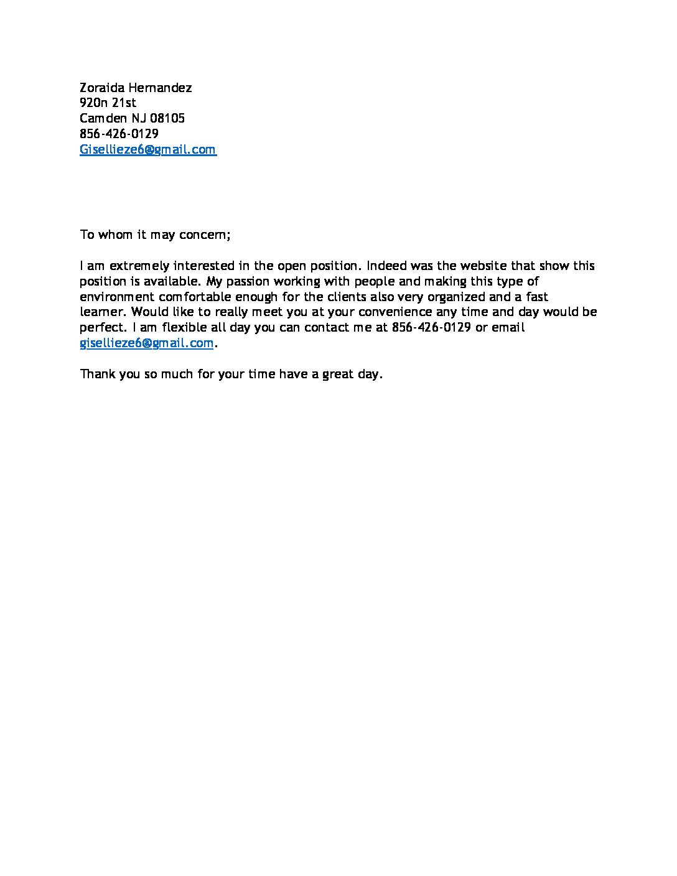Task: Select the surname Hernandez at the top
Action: (160, 88)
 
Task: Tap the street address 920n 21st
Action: (108, 103)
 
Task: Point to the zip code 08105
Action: (167, 118)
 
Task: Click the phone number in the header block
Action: (119, 134)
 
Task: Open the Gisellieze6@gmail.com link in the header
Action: (147, 149)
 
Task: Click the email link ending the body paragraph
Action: (147, 343)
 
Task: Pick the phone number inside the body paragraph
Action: (431, 327)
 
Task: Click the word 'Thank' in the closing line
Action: (96, 375)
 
